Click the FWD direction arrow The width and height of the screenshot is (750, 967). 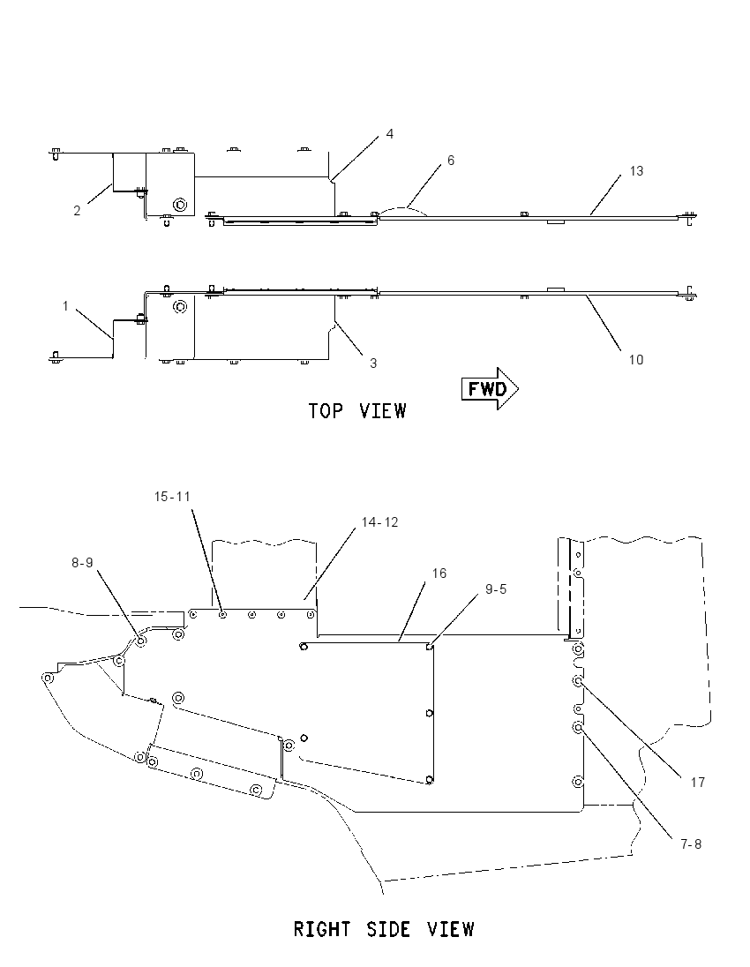[x=490, y=388]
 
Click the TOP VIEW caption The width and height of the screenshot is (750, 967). [x=357, y=411]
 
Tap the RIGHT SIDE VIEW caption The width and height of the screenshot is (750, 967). [x=384, y=929]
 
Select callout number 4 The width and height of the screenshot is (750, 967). [x=390, y=134]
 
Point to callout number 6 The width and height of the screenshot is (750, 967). [x=451, y=161]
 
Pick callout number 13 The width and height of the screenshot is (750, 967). [x=636, y=171]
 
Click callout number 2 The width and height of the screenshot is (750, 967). [x=77, y=211]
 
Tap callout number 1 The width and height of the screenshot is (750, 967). [x=65, y=306]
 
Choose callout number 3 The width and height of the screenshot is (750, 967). [x=373, y=364]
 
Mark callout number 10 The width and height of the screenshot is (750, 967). [x=636, y=360]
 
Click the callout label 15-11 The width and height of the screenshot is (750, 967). [x=172, y=497]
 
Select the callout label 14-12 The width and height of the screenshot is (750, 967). [x=380, y=521]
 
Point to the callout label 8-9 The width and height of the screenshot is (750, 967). [x=82, y=562]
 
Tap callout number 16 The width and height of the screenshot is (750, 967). [x=439, y=573]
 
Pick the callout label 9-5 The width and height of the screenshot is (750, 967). [x=496, y=589]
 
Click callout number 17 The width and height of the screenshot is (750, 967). [x=698, y=783]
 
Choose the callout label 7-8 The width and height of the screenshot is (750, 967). [x=692, y=844]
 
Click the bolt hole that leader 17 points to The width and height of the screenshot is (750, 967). [x=578, y=681]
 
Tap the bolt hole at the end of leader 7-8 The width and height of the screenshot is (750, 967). [x=578, y=728]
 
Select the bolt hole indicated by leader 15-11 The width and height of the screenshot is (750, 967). [x=222, y=614]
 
